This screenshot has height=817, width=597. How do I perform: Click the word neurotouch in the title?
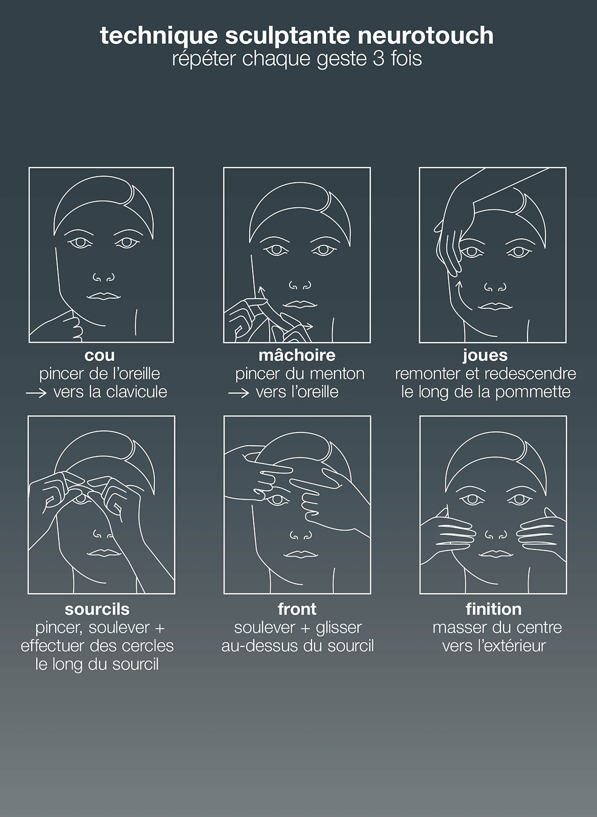[425, 36]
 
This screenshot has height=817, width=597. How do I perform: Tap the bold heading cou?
[100, 355]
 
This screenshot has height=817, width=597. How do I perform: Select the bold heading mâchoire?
[297, 355]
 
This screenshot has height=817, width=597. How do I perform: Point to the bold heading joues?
[485, 355]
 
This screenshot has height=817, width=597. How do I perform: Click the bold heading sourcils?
[97, 610]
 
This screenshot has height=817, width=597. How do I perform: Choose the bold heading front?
[297, 610]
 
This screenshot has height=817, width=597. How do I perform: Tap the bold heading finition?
[493, 610]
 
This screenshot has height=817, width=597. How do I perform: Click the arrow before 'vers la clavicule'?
[36, 393]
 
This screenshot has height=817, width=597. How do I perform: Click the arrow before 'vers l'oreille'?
[238, 393]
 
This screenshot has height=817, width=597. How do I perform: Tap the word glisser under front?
[339, 628]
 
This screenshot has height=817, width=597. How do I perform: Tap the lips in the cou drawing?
[104, 296]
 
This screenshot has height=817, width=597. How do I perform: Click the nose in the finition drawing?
[495, 535]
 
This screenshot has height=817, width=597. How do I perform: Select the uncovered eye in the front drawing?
[277, 500]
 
